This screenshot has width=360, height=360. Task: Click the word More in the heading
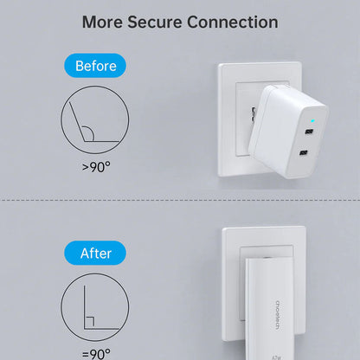click(x=102, y=22)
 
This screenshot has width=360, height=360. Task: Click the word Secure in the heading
click(x=155, y=22)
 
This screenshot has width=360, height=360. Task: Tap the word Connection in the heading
click(x=233, y=22)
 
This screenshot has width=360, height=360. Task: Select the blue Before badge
click(x=95, y=66)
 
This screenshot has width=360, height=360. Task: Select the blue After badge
click(x=95, y=253)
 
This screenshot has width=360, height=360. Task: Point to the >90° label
click(x=96, y=167)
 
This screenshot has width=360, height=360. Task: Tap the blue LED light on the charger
click(x=312, y=120)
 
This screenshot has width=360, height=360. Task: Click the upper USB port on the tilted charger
click(x=309, y=132)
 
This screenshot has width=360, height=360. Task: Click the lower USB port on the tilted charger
click(x=304, y=152)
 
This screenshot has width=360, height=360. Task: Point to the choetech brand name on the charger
click(x=277, y=315)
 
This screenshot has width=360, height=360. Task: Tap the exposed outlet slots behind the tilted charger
click(x=253, y=114)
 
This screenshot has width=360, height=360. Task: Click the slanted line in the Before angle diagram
click(x=76, y=122)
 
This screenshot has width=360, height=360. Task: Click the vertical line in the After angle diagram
click(x=85, y=307)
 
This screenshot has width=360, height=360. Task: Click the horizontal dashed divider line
click(x=180, y=200)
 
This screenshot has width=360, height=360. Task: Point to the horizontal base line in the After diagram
click(x=101, y=329)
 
